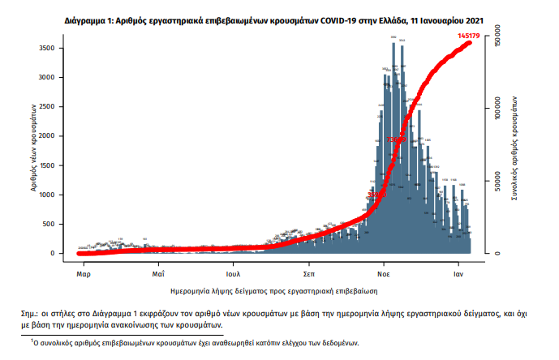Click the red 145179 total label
pyautogui.click(x=469, y=36)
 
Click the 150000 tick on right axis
pyautogui.click(x=497, y=36)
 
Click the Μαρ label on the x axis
pyautogui.click(x=83, y=274)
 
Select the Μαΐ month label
pyautogui.click(x=159, y=274)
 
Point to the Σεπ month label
pyautogui.click(x=309, y=274)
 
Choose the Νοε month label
pyautogui.click(x=384, y=274)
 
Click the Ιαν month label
pyautogui.click(x=458, y=274)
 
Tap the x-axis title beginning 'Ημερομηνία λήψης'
pyautogui.click(x=274, y=290)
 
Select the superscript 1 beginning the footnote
pyautogui.click(x=33, y=341)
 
